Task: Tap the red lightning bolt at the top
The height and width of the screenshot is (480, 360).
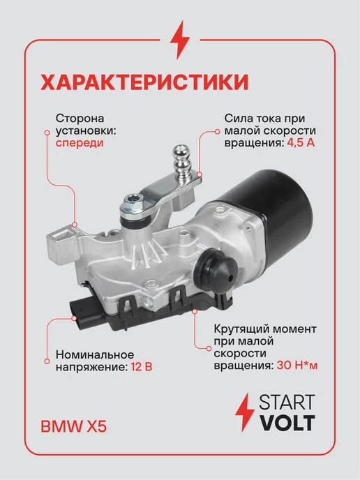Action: (180, 40)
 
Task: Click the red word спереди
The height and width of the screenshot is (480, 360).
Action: (80, 143)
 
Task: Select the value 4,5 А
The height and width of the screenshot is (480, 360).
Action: (301, 143)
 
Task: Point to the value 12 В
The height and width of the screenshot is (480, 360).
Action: (142, 366)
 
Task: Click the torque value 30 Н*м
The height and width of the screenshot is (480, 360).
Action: (297, 366)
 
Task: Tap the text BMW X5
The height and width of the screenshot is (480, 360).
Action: (74, 427)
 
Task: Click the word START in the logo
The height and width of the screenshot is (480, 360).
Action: (287, 402)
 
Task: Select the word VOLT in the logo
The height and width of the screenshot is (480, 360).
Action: (287, 423)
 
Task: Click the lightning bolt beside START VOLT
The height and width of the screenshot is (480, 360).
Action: (245, 412)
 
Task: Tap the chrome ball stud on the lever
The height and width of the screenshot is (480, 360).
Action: (181, 160)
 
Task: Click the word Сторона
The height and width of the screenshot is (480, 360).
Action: (80, 118)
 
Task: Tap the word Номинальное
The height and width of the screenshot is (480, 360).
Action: (95, 354)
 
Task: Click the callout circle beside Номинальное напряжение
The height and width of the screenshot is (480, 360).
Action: (47, 361)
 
